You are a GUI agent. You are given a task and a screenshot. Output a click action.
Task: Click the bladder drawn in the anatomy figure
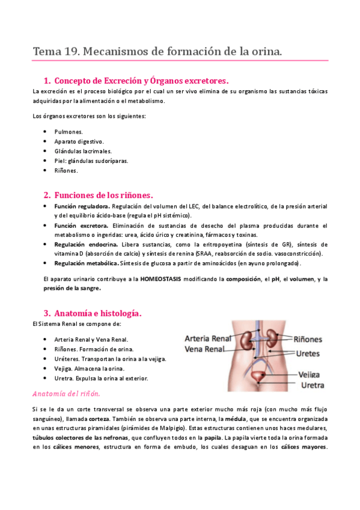[x=260, y=377]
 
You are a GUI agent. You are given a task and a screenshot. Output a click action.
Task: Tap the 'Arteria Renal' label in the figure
[x=208, y=337]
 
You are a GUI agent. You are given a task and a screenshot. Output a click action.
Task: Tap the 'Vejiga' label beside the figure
[x=313, y=374]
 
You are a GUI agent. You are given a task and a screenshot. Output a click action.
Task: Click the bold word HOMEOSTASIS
[x=168, y=279]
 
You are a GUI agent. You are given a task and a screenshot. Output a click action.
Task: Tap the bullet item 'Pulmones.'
[x=68, y=131]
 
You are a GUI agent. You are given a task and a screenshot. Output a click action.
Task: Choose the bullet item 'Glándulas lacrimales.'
[x=82, y=151]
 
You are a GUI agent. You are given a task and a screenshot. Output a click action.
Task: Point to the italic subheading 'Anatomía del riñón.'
[x=66, y=393]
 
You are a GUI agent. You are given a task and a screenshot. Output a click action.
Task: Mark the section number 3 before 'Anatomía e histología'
[x=46, y=313]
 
